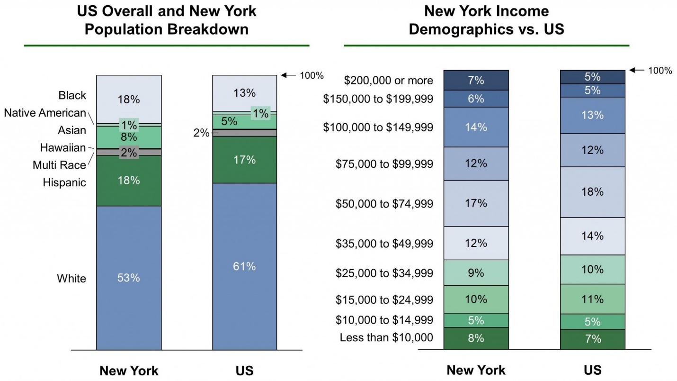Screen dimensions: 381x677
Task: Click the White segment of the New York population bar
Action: tap(129, 278)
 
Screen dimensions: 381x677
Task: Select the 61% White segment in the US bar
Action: tap(244, 266)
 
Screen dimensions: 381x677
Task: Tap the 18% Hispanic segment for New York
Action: tap(129, 181)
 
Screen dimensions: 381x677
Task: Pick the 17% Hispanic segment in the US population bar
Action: tap(244, 160)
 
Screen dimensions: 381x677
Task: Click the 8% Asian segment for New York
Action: tap(129, 137)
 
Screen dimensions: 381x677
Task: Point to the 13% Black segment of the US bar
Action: tap(244, 93)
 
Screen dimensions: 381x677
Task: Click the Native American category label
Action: tap(45, 113)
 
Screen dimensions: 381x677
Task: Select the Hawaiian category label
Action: tap(63, 148)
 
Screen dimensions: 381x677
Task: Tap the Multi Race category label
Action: tap(60, 165)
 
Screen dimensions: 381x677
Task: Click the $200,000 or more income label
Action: tap(388, 81)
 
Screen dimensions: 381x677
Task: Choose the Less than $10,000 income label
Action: tap(386, 338)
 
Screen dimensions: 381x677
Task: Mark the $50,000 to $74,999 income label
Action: tap(384, 204)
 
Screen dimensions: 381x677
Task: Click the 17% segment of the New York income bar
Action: tap(476, 203)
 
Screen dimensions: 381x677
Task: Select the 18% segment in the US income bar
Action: tap(592, 192)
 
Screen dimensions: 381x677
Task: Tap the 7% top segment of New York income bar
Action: tap(476, 81)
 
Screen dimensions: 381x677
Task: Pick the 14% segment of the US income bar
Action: tap(592, 236)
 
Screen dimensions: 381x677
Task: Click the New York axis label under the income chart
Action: tap(476, 370)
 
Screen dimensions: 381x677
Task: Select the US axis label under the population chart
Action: tap(244, 371)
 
